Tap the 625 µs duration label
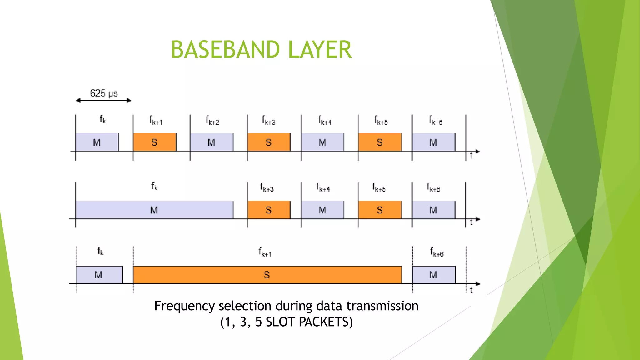(104, 93)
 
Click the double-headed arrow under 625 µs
(103, 100)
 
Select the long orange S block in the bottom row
(267, 275)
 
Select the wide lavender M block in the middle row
(154, 210)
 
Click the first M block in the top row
(97, 142)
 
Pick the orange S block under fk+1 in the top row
(154, 142)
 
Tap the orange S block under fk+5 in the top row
(380, 142)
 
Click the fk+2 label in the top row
(212, 120)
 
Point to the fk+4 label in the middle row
(323, 187)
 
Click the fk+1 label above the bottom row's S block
(265, 252)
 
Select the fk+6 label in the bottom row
(437, 252)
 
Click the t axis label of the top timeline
(471, 156)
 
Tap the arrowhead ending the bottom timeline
(477, 284)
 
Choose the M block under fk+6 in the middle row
(433, 210)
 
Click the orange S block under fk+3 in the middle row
(269, 210)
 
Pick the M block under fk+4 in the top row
(322, 142)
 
